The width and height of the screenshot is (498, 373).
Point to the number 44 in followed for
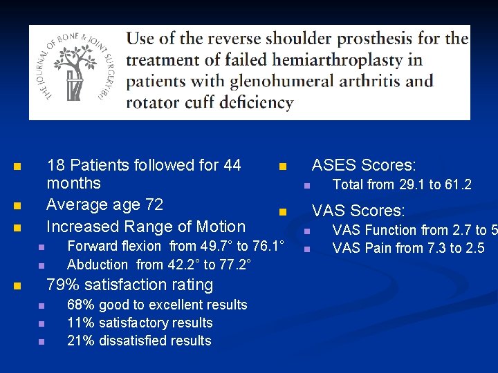pos(232,165)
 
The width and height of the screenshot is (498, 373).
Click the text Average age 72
pos(104,204)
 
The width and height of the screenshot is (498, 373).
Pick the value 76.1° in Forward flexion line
pos(268,246)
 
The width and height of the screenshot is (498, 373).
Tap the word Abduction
pos(98,264)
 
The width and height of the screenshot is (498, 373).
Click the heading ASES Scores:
pos(364,165)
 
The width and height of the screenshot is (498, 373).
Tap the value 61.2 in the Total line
pos(458,184)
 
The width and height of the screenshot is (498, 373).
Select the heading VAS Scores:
pos(358,211)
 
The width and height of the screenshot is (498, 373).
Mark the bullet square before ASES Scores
pos(282,166)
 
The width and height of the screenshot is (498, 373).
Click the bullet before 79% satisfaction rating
pos(18,285)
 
